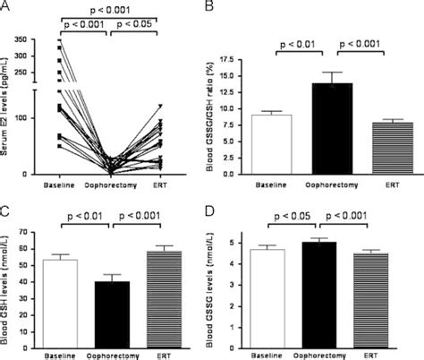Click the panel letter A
(7, 7)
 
